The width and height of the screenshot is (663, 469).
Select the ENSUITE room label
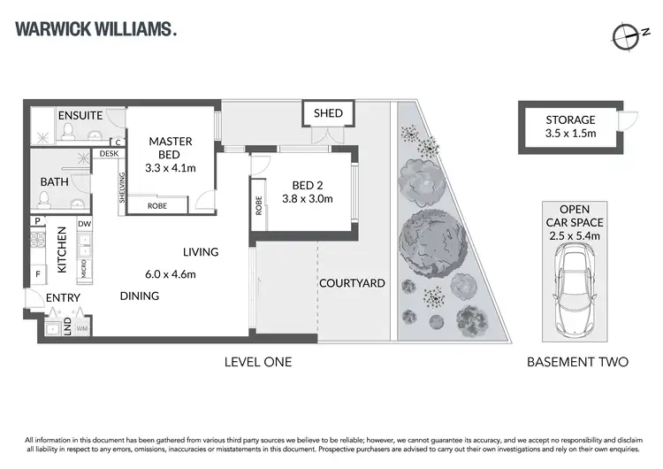pyautogui.click(x=80, y=116)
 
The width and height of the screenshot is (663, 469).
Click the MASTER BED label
pyautogui.click(x=171, y=147)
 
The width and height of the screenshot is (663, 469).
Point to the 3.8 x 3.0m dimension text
pyautogui.click(x=313, y=199)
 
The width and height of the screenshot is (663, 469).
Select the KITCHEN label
pyautogui.click(x=62, y=250)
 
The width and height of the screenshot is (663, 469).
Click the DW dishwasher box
pyautogui.click(x=84, y=225)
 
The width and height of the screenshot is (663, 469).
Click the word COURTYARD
pyautogui.click(x=352, y=283)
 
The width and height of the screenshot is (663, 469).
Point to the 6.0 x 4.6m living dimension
pyautogui.click(x=171, y=273)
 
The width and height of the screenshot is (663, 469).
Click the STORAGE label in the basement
pyautogui.click(x=570, y=119)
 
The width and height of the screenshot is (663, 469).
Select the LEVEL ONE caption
pyautogui.click(x=258, y=362)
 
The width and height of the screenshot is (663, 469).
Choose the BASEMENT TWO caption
pyautogui.click(x=577, y=362)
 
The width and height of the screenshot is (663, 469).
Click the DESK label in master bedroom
pyautogui.click(x=110, y=154)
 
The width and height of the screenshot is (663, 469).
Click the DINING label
pyautogui.click(x=140, y=296)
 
